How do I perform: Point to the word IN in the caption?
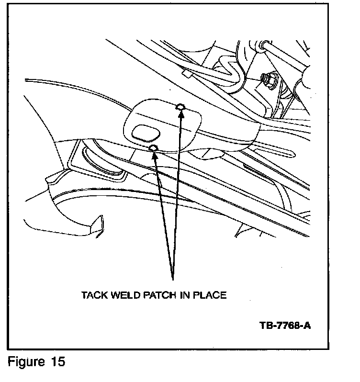coord(185,295)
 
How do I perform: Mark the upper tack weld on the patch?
coord(180,106)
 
